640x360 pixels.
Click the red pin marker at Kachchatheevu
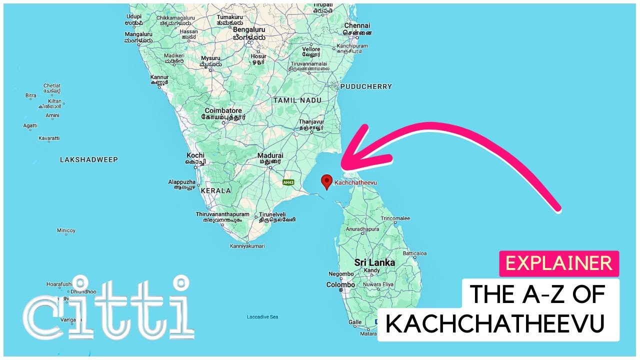click(x=326, y=181)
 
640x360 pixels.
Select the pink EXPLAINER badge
click(x=559, y=263)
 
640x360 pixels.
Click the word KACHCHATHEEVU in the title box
click(x=495, y=324)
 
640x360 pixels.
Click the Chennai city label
click(x=357, y=25)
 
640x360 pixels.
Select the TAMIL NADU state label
click(x=297, y=100)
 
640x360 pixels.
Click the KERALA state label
click(x=216, y=190)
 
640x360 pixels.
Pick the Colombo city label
click(x=340, y=284)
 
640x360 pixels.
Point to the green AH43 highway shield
click(x=288, y=182)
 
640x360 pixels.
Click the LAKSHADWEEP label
click(x=89, y=159)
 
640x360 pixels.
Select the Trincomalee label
click(x=395, y=218)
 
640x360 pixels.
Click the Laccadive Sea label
click(x=262, y=317)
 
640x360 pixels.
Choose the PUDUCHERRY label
click(x=366, y=86)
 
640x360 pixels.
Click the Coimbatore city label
click(x=223, y=110)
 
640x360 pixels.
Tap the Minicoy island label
click(x=66, y=230)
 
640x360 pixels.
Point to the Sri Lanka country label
click(x=374, y=262)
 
